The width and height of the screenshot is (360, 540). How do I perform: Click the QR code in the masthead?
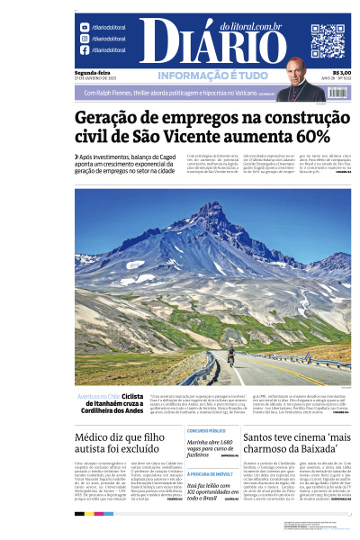(327, 40)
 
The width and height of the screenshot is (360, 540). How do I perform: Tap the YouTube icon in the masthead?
(84, 28)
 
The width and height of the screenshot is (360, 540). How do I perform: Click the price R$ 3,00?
(341, 74)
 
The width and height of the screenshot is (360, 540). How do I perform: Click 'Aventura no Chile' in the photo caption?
(97, 395)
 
